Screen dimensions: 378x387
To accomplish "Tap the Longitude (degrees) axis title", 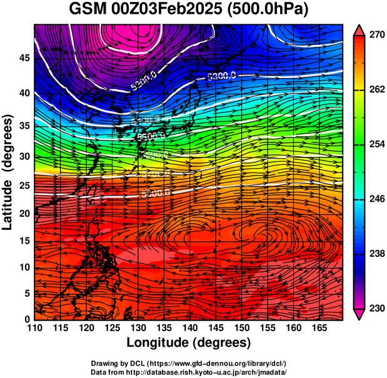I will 188,342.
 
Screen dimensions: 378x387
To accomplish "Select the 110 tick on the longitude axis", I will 34,328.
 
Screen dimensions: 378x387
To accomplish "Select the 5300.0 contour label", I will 221,76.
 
